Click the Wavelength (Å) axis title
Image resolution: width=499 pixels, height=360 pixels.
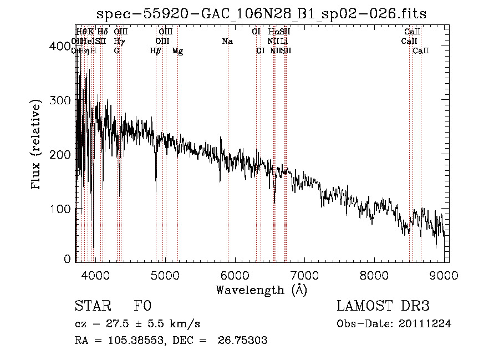[261, 290]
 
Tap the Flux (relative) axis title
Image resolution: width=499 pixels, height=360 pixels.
[37, 145]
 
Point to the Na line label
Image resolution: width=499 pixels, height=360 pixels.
[227, 42]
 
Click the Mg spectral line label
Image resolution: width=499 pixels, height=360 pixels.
[177, 51]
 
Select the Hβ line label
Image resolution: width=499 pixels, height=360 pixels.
[155, 51]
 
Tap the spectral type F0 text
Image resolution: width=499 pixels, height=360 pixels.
[142, 307]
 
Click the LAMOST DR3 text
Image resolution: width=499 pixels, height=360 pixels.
[383, 307]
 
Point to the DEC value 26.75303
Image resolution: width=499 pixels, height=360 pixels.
[243, 340]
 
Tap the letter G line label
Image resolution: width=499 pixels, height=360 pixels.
[116, 51]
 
